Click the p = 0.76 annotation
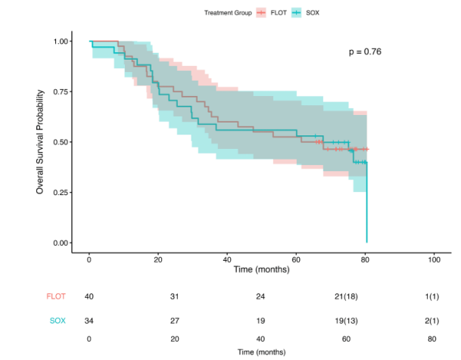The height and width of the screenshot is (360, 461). (x=364, y=51)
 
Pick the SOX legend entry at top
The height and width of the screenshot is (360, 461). (x=311, y=12)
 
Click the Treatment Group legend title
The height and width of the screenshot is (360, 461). (x=229, y=12)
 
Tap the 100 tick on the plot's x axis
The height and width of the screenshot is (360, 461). (x=434, y=259)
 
